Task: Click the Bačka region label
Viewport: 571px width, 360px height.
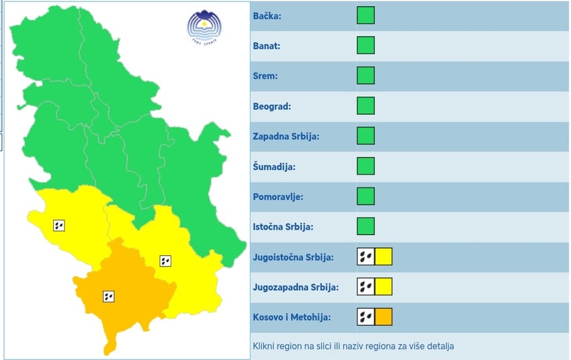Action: pos(267,16)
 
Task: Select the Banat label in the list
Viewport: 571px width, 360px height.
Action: pos(267,46)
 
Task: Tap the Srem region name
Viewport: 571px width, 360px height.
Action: pos(265,76)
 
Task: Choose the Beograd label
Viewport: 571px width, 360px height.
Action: pos(271,106)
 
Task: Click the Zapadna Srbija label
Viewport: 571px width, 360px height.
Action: pos(285,136)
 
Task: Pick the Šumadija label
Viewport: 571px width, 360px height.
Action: pos(274,167)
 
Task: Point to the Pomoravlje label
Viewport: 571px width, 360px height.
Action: pos(278,197)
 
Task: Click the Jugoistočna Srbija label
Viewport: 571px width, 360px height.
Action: pos(293,257)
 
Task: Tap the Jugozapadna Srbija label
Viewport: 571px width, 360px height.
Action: pos(296,287)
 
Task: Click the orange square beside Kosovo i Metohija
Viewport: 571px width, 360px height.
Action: pos(383,317)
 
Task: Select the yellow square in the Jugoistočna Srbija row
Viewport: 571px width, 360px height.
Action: pos(383,257)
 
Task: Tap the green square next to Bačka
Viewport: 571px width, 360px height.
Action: pos(365,15)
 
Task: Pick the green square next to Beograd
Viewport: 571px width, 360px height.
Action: pos(365,106)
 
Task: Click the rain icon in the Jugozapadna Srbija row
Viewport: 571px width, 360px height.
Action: pos(365,287)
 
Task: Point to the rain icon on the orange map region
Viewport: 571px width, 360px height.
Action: pos(107,296)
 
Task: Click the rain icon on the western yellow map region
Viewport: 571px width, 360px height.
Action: pos(58,226)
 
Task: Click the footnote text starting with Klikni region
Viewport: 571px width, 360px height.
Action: pos(353,347)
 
